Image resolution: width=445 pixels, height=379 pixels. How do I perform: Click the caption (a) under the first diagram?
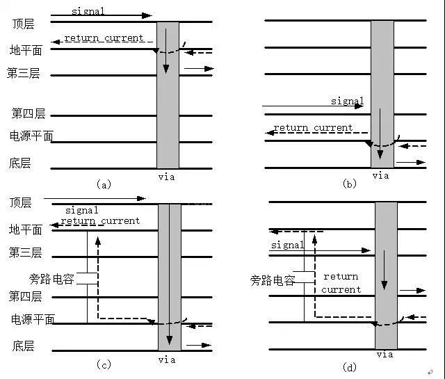coord(104,185)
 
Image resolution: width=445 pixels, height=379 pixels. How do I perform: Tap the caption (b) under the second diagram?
coord(349,184)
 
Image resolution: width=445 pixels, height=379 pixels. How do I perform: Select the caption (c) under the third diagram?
coord(104,364)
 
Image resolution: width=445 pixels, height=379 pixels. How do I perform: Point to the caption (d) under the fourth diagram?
coord(349,368)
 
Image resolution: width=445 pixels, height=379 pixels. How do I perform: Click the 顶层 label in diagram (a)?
coord(23,24)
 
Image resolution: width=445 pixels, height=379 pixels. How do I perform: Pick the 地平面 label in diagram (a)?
coord(26,50)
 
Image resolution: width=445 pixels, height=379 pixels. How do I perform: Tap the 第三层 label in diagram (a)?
coord(23,73)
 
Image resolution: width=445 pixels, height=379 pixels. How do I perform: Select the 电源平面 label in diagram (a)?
coord(31,136)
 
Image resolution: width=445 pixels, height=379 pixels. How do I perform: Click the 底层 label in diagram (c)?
coord(23,346)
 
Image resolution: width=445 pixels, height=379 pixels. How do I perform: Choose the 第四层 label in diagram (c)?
coord(25,296)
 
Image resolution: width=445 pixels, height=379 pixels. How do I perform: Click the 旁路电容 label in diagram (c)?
coord(51,279)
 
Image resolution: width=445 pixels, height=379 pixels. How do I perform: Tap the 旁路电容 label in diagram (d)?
coord(273,280)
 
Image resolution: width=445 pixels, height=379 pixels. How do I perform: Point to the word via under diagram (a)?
coord(166,177)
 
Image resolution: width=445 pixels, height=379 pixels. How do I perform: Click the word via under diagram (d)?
coord(385,355)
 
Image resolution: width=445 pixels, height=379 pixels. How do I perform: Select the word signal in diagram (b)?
coord(348,101)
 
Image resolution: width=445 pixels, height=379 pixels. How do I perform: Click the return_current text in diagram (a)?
coord(104,38)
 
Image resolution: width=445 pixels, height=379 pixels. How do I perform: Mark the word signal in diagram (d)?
coord(287,245)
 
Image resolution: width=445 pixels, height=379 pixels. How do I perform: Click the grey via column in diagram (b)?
coord(382,94)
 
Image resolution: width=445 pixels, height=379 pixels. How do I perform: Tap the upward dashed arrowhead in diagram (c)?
coord(98,241)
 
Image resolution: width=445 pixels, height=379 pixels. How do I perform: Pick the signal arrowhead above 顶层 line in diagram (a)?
coord(147,15)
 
